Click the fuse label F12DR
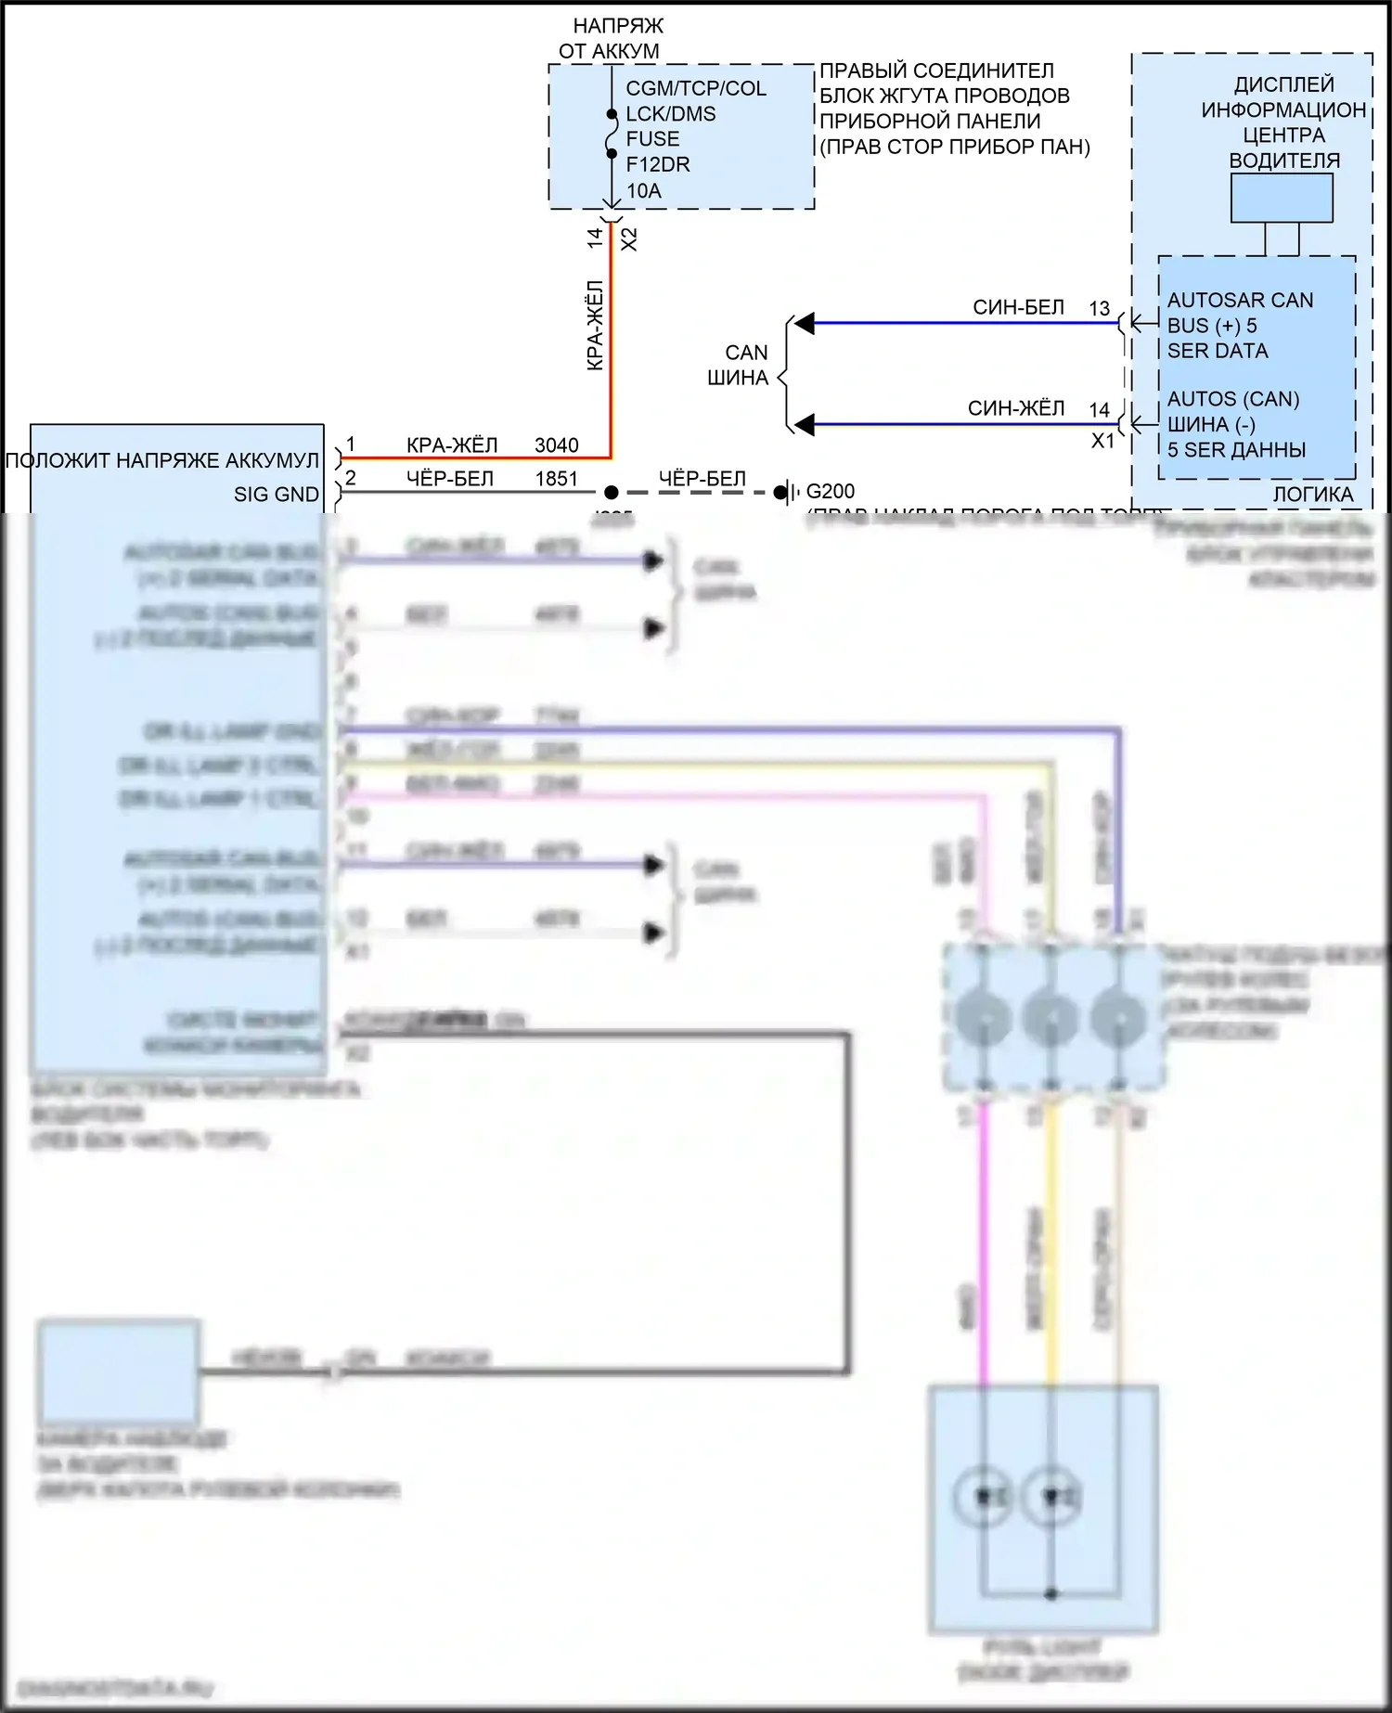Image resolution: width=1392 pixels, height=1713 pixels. point(657,165)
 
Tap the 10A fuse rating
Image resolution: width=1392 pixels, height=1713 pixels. point(643,191)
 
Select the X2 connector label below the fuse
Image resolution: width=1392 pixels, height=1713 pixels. point(629,239)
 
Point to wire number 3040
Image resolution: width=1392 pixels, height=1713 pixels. point(556,445)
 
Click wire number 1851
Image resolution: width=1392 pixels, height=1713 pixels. point(556,479)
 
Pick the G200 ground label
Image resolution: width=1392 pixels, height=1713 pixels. point(831,491)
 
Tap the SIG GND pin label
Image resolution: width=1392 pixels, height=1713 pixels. point(276,495)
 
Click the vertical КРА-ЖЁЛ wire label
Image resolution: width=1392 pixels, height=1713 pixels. point(595,325)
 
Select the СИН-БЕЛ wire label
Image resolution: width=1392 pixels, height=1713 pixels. point(1018,307)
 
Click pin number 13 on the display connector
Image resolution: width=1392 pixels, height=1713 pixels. point(1100,308)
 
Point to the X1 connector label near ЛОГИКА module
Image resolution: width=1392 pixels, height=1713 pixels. point(1102,441)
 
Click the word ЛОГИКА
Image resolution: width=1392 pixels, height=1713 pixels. point(1312,495)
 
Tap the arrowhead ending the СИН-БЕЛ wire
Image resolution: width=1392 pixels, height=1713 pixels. point(805,323)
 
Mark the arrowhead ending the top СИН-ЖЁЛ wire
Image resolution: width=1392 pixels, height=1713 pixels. point(805,425)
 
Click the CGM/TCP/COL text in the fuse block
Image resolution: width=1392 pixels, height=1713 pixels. point(696,88)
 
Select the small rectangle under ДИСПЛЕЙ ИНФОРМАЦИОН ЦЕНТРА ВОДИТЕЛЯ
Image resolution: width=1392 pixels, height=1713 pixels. point(1282,198)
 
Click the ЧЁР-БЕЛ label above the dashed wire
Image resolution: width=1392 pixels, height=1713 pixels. point(702,479)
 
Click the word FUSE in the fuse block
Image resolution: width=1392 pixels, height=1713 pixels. point(652,139)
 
